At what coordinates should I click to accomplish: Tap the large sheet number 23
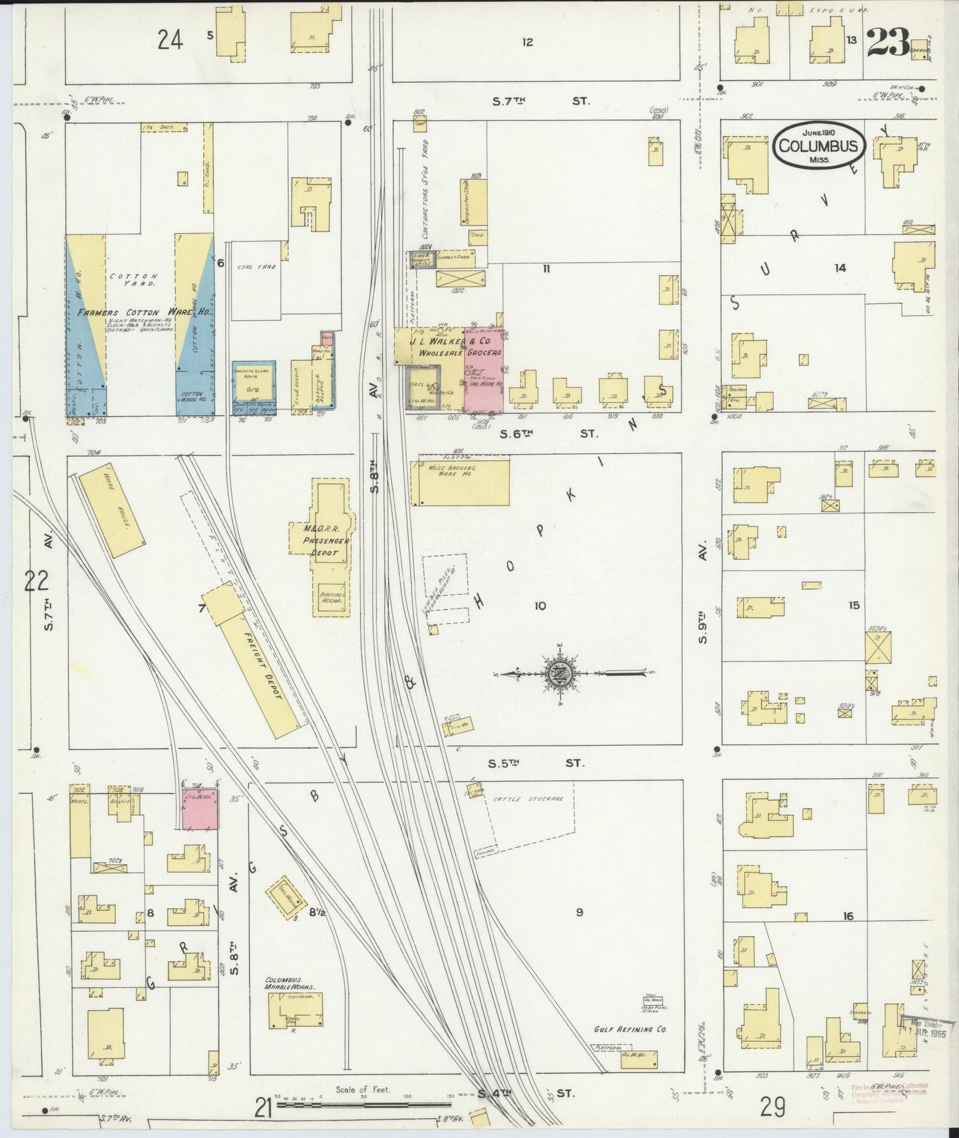[887, 45]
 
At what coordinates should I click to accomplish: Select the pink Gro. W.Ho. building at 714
[201, 809]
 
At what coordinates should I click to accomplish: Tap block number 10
[540, 606]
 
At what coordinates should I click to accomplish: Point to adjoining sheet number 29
[773, 1107]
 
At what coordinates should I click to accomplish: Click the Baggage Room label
[330, 599]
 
